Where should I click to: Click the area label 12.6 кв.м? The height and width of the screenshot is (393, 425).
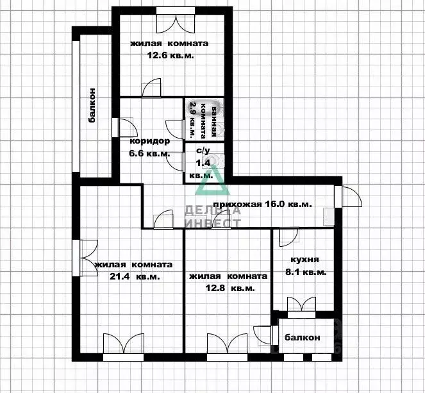point(171,56)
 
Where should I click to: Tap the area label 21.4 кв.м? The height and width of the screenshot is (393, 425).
point(135,276)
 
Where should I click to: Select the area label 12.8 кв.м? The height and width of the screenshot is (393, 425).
point(230,288)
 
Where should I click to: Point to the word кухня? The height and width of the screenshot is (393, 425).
point(304,260)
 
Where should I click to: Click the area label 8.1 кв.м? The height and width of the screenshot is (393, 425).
point(306,272)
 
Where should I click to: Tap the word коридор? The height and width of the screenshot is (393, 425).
point(150,141)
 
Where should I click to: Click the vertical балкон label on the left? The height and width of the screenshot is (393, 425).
point(92,105)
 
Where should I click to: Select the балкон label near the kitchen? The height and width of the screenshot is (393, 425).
point(303,337)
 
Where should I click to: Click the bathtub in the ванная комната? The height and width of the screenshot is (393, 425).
point(205,108)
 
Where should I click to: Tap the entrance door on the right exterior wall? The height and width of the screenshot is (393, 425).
point(349,196)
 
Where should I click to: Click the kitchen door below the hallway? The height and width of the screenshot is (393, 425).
point(289,237)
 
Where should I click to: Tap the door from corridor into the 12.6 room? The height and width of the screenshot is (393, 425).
point(151,88)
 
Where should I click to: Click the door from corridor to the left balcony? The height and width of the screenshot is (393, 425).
point(125,128)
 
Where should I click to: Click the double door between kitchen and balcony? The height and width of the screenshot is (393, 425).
point(301,307)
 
